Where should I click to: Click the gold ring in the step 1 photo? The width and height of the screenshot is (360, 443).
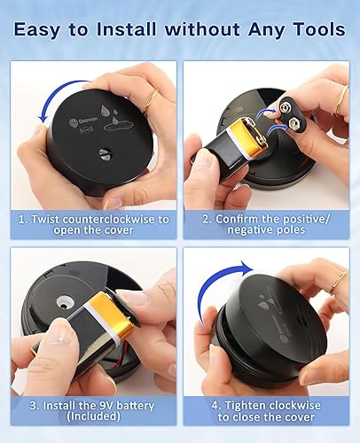coord(151,101)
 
